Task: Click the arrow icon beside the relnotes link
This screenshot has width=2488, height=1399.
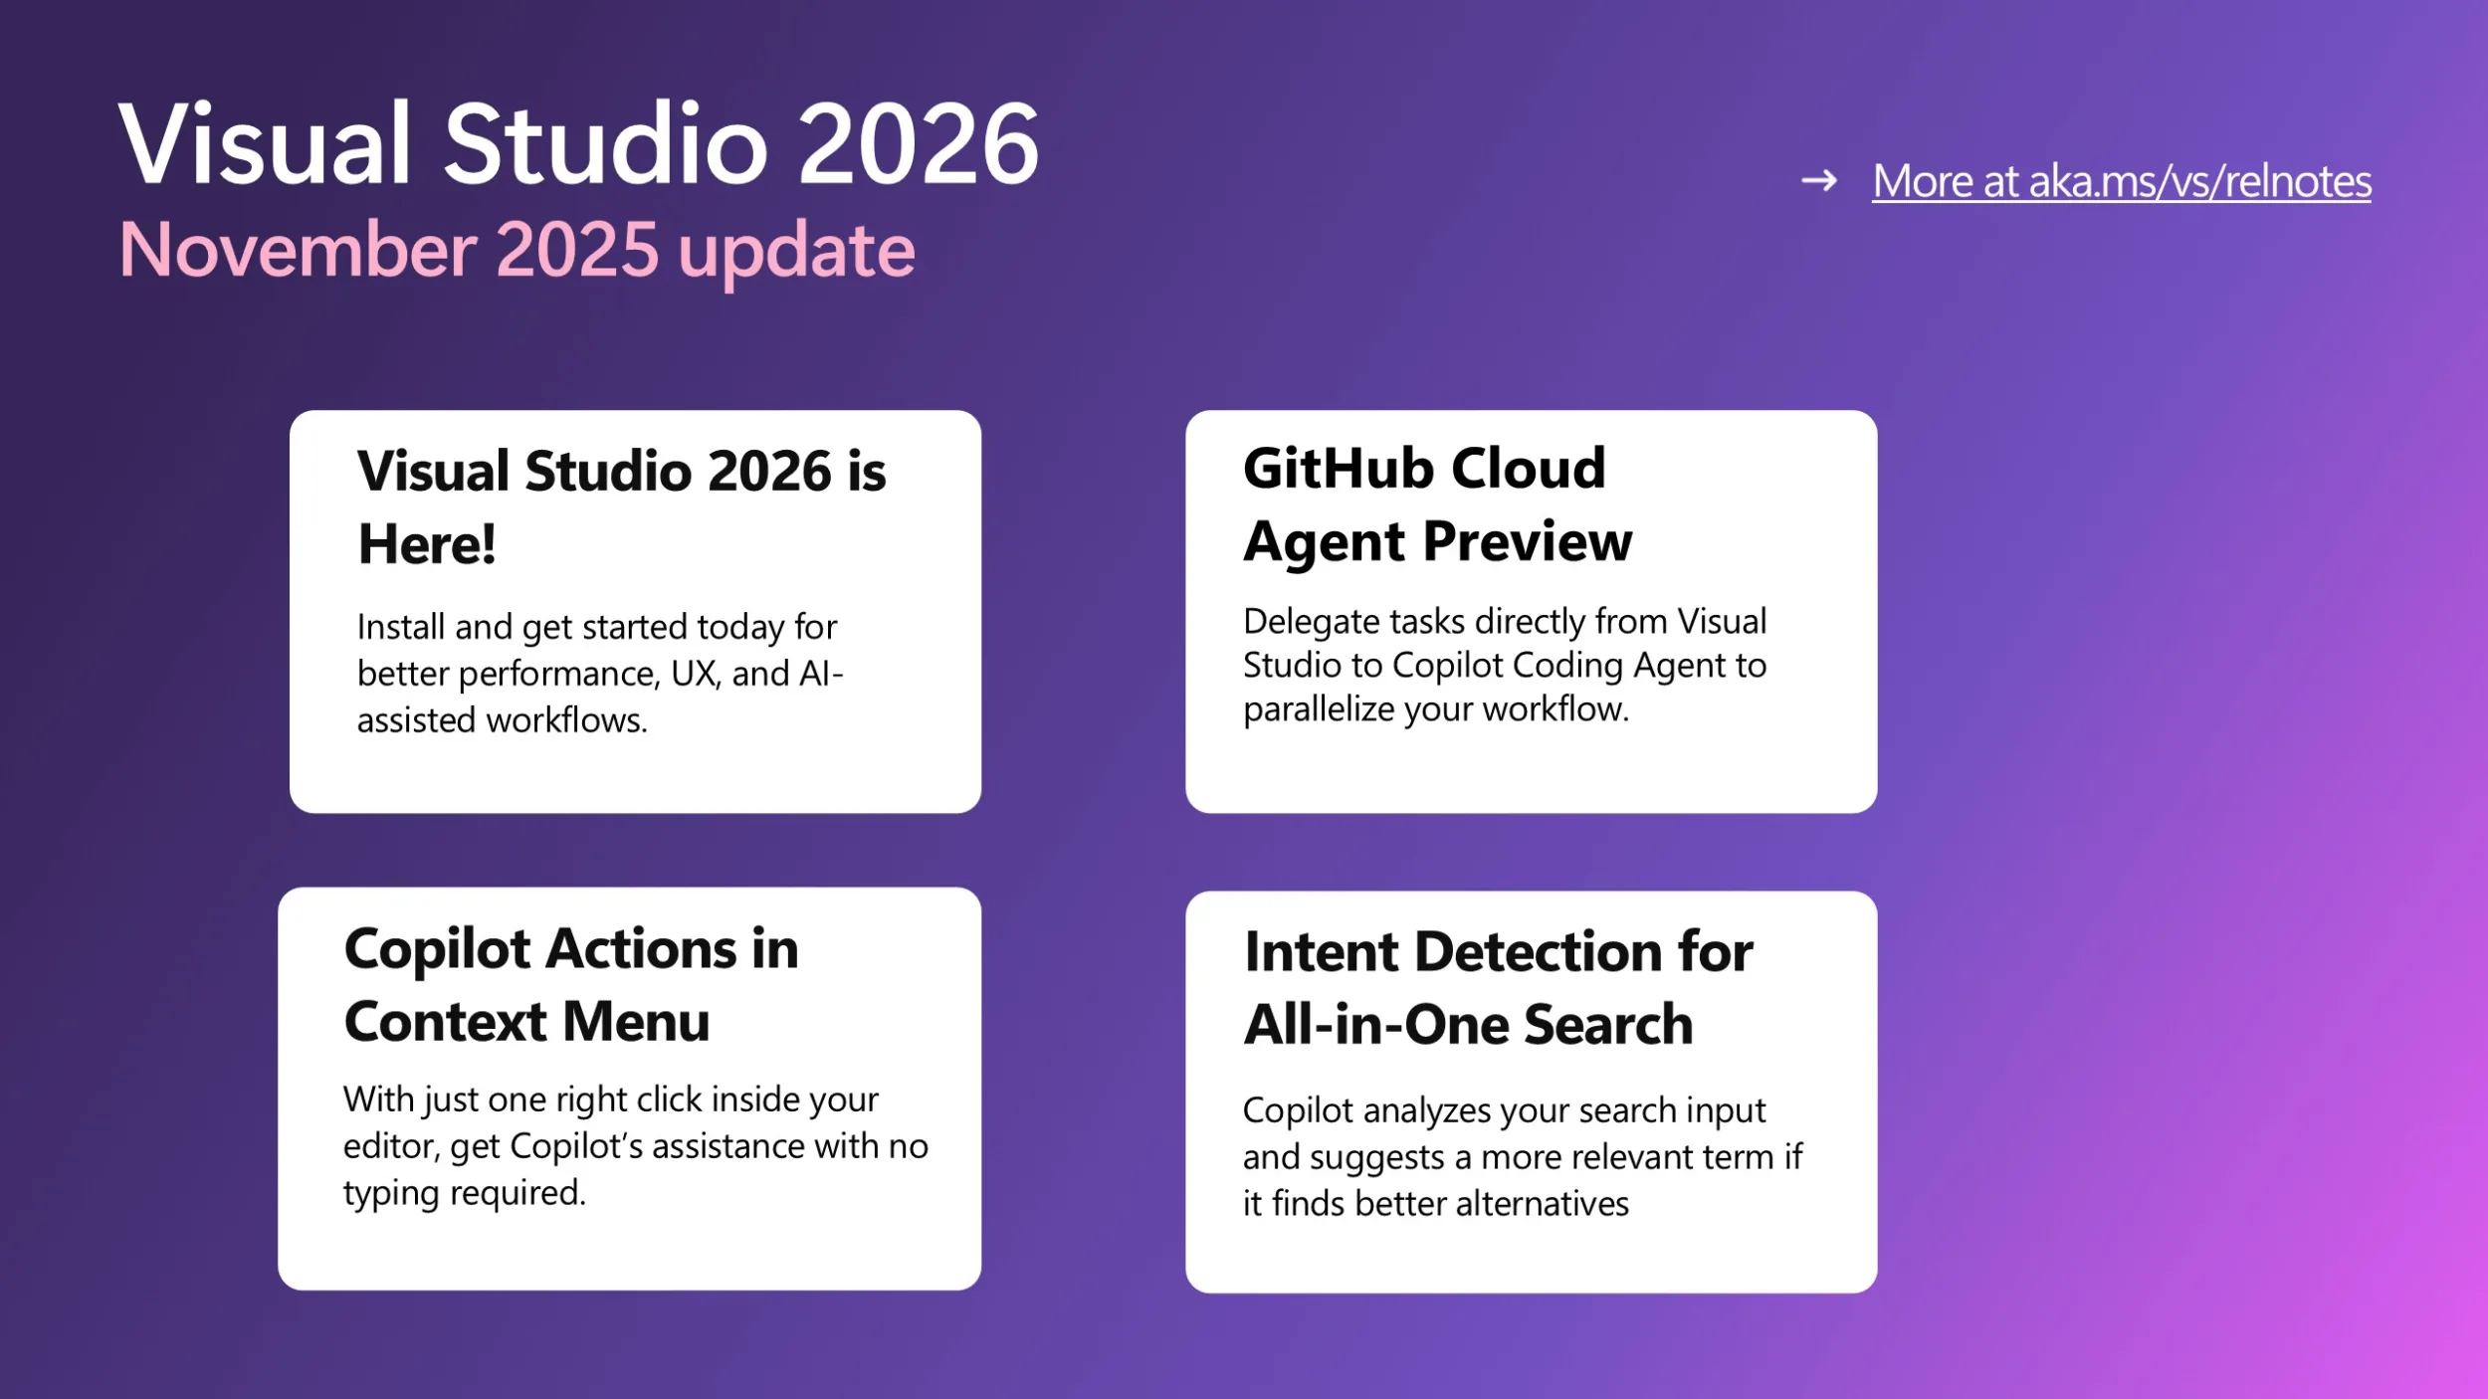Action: [x=1819, y=181]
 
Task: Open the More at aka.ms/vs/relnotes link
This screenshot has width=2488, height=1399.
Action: [x=2122, y=181]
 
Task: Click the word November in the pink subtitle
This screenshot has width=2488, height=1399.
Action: [x=298, y=250]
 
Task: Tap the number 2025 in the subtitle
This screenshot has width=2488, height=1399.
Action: [x=577, y=250]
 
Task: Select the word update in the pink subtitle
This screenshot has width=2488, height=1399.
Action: [x=796, y=254]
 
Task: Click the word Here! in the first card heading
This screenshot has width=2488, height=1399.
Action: [x=427, y=544]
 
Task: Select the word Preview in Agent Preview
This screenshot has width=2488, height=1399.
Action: [x=1528, y=543]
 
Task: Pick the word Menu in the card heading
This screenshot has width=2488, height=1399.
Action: [x=636, y=1022]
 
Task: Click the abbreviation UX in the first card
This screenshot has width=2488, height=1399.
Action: [x=695, y=675]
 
